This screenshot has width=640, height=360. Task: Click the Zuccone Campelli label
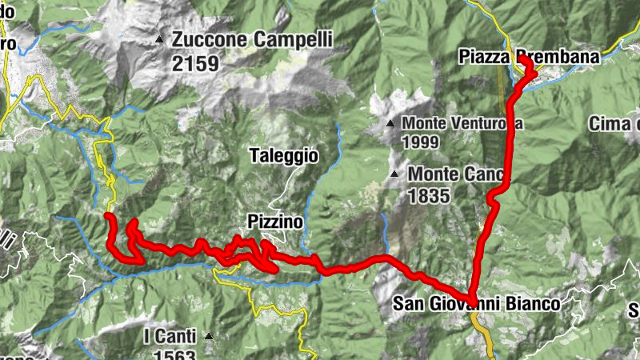[251, 39]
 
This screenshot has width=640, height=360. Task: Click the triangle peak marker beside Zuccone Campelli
[160, 39]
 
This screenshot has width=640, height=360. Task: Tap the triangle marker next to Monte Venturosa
[390, 124]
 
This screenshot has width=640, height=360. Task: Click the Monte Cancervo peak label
[456, 174]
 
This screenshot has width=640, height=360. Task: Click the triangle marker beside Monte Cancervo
[394, 174]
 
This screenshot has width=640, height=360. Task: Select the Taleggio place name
[283, 157]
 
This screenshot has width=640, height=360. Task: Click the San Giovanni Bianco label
[476, 304]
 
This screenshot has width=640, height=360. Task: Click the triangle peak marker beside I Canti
[209, 336]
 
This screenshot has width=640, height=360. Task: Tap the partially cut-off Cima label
[614, 123]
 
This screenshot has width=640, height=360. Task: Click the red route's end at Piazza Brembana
[522, 59]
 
